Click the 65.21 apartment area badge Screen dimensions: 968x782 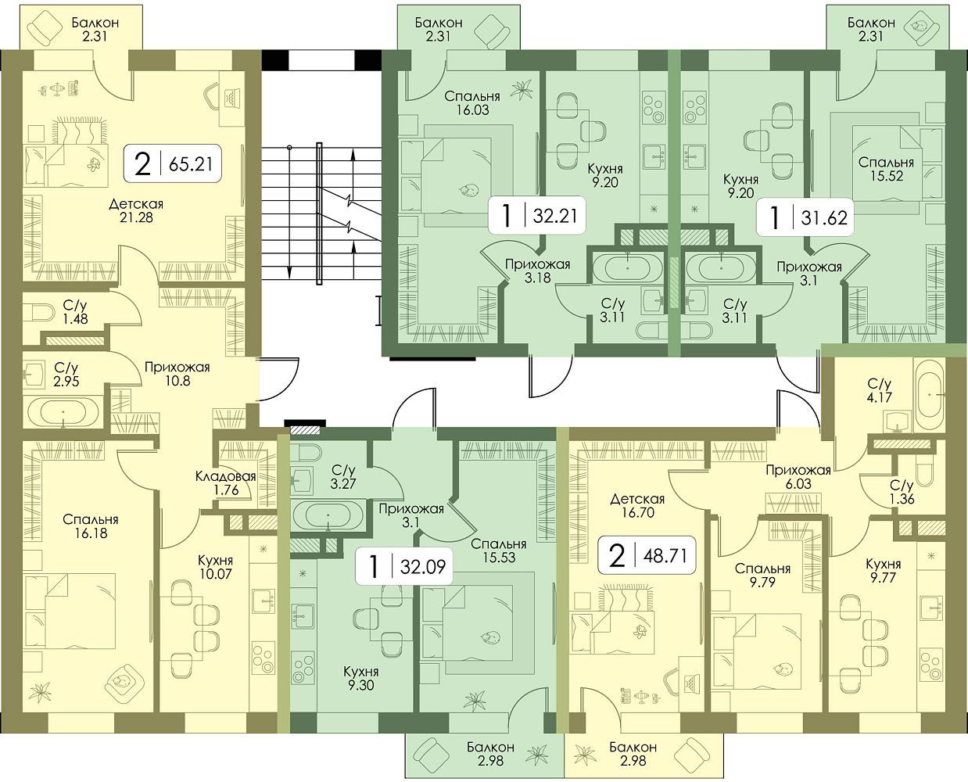pos(173,163)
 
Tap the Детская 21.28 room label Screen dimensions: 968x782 pos(136,210)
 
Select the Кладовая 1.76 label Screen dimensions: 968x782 pos(226,482)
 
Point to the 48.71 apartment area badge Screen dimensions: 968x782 pos(647,555)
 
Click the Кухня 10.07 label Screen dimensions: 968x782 pos(215,567)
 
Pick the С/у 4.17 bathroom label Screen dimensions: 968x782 pos(880,390)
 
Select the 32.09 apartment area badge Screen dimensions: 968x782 pos(403,566)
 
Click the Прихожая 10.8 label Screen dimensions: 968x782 pos(177,374)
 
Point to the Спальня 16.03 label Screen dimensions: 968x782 pos(472,102)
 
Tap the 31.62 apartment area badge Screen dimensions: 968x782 pos(805,217)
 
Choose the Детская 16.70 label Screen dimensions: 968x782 pos(637,506)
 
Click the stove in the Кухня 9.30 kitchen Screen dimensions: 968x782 pos(303,668)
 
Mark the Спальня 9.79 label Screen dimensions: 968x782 pos(762,575)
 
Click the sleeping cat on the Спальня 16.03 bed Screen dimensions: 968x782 pos(469,189)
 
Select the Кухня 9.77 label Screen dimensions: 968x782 pos(883,571)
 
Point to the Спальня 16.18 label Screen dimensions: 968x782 pos(91,526)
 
